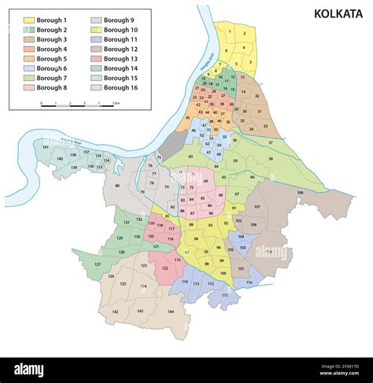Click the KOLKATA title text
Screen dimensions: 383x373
click(339, 13)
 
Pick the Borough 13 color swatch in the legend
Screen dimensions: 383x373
click(96, 59)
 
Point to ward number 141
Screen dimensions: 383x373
click(46, 147)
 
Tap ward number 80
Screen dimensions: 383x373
click(118, 186)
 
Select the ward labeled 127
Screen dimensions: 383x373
click(98, 264)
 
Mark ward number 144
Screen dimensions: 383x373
click(170, 311)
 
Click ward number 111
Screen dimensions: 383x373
click(224, 295)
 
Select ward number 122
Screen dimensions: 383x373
click(164, 268)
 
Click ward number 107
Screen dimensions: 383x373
click(256, 207)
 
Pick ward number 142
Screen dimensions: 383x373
click(115, 312)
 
